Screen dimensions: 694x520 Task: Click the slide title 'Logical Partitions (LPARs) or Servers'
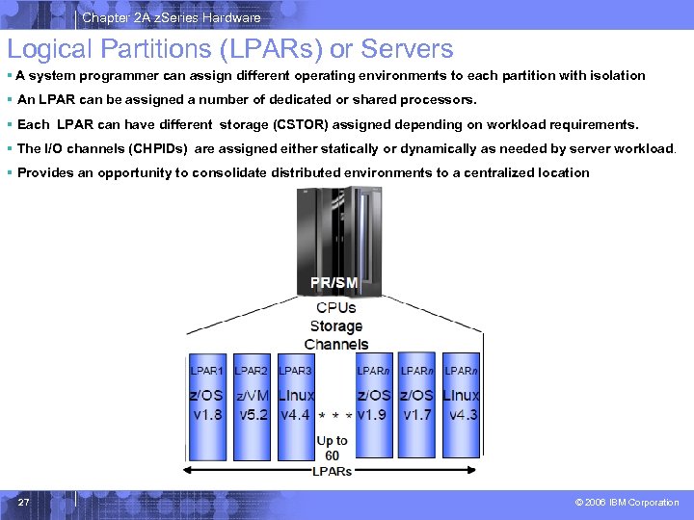tap(230, 48)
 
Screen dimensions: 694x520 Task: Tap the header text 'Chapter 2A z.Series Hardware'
tap(171, 17)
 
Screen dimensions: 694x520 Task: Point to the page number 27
tap(23, 502)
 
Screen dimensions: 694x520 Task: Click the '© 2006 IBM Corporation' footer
tap(627, 503)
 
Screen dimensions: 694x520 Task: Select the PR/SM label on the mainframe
tap(334, 282)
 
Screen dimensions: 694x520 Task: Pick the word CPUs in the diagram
tap(335, 308)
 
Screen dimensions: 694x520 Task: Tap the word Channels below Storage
tap(335, 344)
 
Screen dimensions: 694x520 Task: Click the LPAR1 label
tap(206, 370)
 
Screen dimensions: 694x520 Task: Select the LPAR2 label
tap(251, 370)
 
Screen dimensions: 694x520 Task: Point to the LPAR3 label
tap(295, 370)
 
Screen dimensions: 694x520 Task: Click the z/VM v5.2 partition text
tap(253, 405)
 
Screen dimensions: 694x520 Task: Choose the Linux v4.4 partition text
tap(296, 405)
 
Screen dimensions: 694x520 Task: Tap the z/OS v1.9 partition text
tap(374, 405)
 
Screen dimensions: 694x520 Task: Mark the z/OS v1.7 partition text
tap(417, 405)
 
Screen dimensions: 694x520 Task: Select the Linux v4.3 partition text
tap(461, 405)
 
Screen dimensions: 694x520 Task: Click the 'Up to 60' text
tap(332, 448)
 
